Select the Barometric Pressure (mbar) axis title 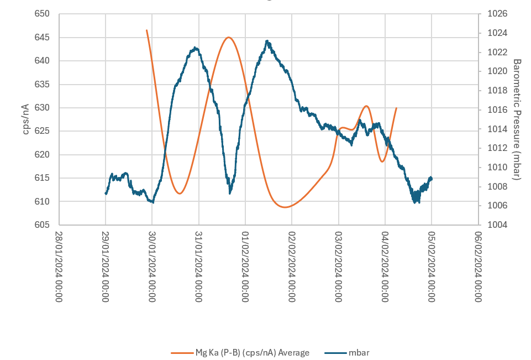coord(517,119)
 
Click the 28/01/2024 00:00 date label coord(60,265)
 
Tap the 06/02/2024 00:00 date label coord(479,265)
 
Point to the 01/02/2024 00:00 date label coord(246,265)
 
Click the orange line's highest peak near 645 coord(229,38)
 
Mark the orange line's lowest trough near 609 coord(285,207)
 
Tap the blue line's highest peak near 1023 coord(267,41)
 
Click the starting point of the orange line coord(146,30)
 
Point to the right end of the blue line coord(432,178)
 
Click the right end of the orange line coord(396,108)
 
